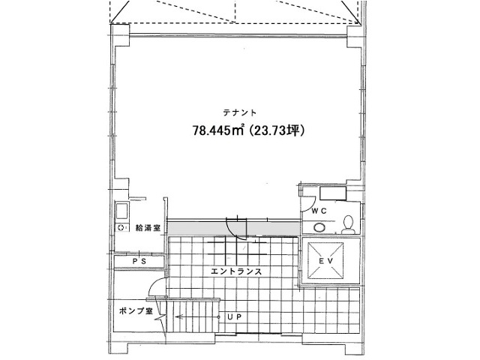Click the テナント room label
click(x=239, y=112)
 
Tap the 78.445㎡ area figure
click(x=218, y=130)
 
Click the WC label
click(x=319, y=211)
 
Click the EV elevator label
click(x=325, y=261)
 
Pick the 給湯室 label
click(x=148, y=228)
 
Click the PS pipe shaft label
click(x=139, y=262)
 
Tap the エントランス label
click(x=236, y=271)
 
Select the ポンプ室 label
click(x=136, y=311)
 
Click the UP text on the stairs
click(x=235, y=316)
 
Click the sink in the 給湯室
click(x=121, y=211)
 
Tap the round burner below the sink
click(x=121, y=228)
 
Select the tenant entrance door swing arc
click(x=234, y=230)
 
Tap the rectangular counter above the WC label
click(x=333, y=193)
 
